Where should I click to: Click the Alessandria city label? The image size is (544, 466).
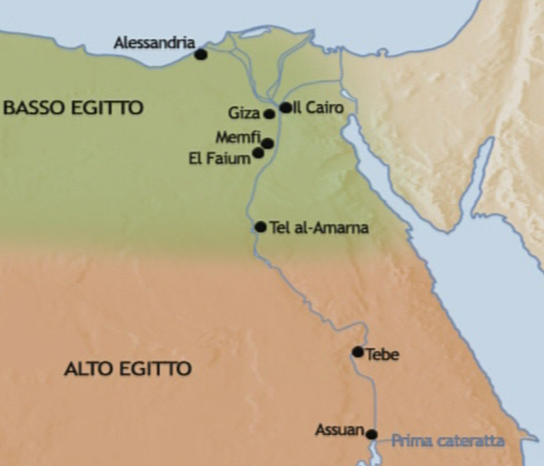pos(154,43)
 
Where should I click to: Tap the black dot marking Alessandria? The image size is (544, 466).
pos(201,54)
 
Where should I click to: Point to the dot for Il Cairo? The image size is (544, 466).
pos(285,108)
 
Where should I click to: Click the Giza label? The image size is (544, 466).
pos(244,114)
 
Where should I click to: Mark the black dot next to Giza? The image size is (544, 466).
pos(270,114)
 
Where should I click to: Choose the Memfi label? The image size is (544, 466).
pos(239,138)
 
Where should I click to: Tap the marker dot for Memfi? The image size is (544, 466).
pos(268,144)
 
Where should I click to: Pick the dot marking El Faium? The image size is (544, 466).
pos(258,152)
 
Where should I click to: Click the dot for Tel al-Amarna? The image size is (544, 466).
pos(260,227)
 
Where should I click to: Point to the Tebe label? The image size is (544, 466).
pos(383,354)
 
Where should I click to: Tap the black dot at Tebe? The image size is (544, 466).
pos(358,352)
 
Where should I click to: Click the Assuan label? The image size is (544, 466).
pos(339,430)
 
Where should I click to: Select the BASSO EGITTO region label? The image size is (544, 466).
pos(73,107)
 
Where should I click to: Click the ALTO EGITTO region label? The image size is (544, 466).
pos(128,369)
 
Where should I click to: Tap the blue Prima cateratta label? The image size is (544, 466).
pos(448,441)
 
